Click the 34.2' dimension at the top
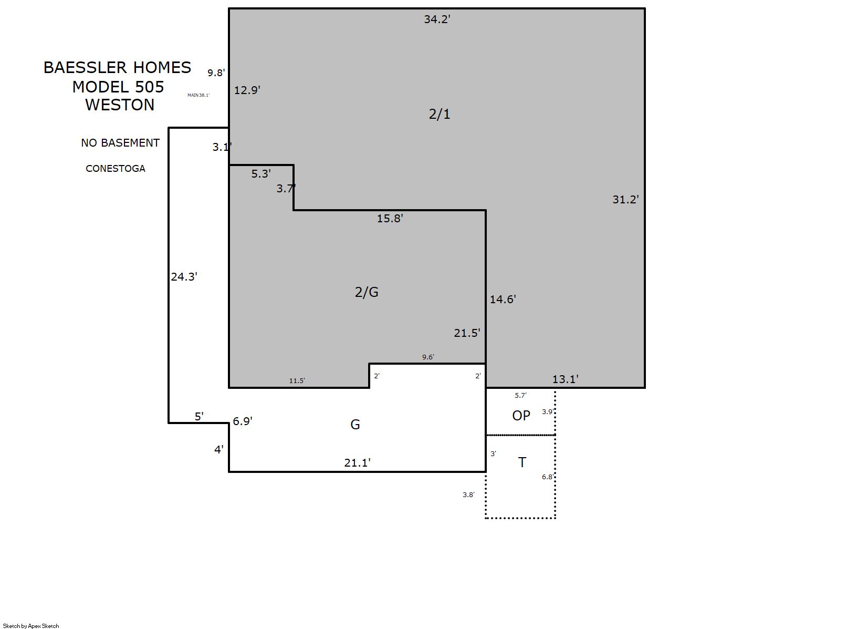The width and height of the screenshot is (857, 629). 437,19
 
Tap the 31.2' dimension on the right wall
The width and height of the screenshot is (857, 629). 625,200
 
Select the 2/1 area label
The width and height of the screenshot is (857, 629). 439,114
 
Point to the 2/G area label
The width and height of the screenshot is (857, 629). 367,292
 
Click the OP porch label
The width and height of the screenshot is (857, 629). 521,415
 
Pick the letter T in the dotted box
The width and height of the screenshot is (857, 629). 522,462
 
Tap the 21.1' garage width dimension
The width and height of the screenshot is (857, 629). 357,463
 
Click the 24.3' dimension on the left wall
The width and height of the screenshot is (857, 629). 184,277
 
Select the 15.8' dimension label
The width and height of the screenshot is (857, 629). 390,219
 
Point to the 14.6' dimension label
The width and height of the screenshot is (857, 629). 503,300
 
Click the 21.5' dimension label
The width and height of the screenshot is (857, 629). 467,333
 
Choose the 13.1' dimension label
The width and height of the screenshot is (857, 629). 565,379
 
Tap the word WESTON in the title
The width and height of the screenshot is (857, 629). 120,105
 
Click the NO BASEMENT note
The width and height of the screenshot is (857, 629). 120,143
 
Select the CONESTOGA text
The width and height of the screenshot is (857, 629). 115,169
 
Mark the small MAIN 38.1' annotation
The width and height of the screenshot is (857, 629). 198,95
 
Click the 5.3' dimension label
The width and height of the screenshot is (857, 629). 261,174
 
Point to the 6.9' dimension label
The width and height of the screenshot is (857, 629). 243,421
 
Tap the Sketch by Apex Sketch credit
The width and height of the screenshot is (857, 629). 31,626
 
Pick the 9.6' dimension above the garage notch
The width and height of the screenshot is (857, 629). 428,357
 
